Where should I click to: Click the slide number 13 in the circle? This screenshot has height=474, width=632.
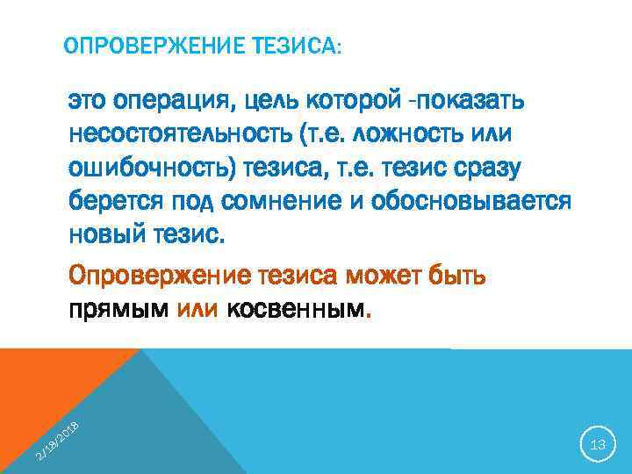tap(599, 445)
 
